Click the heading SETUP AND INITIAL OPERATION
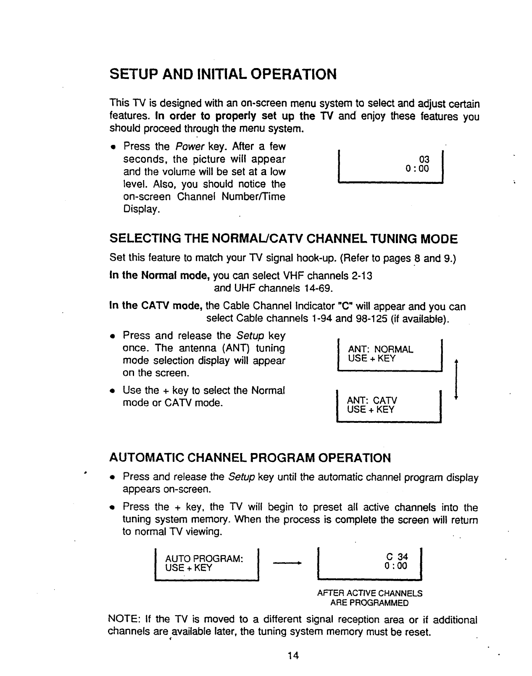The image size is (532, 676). (x=223, y=74)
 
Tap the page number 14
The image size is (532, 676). (x=293, y=656)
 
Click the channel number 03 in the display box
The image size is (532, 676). (x=425, y=160)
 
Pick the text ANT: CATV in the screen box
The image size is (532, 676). (x=372, y=401)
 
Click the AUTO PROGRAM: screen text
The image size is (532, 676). (x=204, y=559)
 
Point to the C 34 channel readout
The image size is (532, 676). (x=397, y=557)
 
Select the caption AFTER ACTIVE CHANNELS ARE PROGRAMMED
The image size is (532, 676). (x=370, y=598)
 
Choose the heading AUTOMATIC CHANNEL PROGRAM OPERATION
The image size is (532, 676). (x=250, y=458)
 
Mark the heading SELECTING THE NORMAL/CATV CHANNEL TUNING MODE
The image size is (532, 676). (x=283, y=239)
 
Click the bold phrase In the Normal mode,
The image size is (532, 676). (x=160, y=276)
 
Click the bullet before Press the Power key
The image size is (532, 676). (x=113, y=147)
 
